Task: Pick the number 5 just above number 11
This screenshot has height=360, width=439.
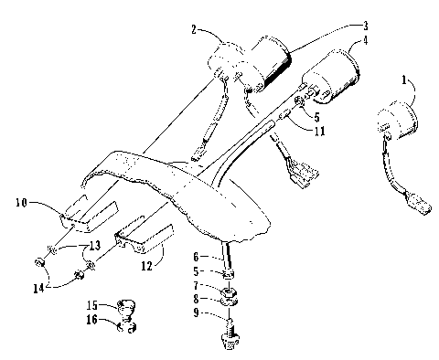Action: [x=316, y=117]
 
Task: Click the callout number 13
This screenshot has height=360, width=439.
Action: [x=93, y=246]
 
